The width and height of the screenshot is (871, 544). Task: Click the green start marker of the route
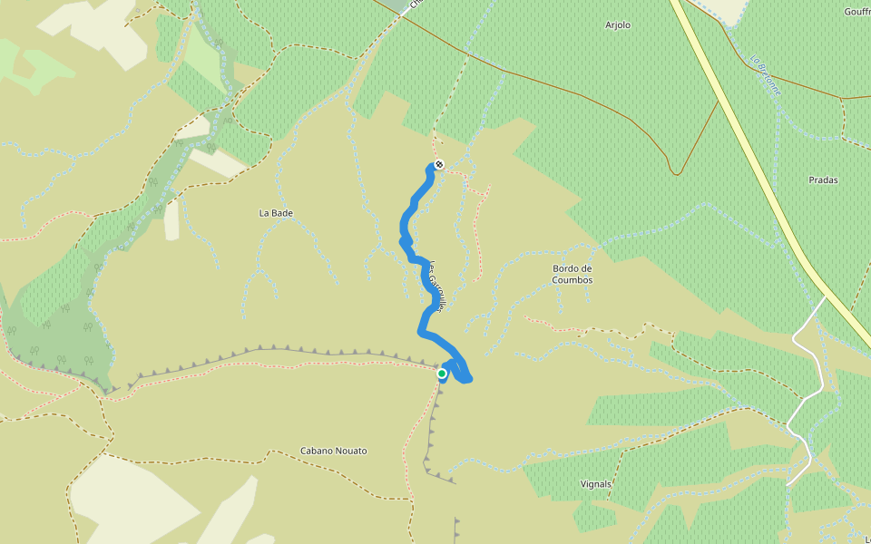pos(442,374)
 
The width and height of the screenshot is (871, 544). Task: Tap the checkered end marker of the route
pos(438,164)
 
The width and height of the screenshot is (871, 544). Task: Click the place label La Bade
pos(276,213)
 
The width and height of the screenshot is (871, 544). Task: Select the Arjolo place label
pos(618,25)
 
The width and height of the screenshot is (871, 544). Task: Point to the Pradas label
pos(823,180)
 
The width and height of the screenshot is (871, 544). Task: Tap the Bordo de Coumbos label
pos(573,274)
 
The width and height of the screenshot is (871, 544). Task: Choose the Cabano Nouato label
pos(334,451)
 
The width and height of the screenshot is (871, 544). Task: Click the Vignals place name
pos(596,484)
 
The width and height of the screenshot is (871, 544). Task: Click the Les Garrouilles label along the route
pos(435,287)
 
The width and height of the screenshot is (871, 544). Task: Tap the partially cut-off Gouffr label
pos(856,12)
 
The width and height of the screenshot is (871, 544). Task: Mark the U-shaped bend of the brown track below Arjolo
pos(676,170)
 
